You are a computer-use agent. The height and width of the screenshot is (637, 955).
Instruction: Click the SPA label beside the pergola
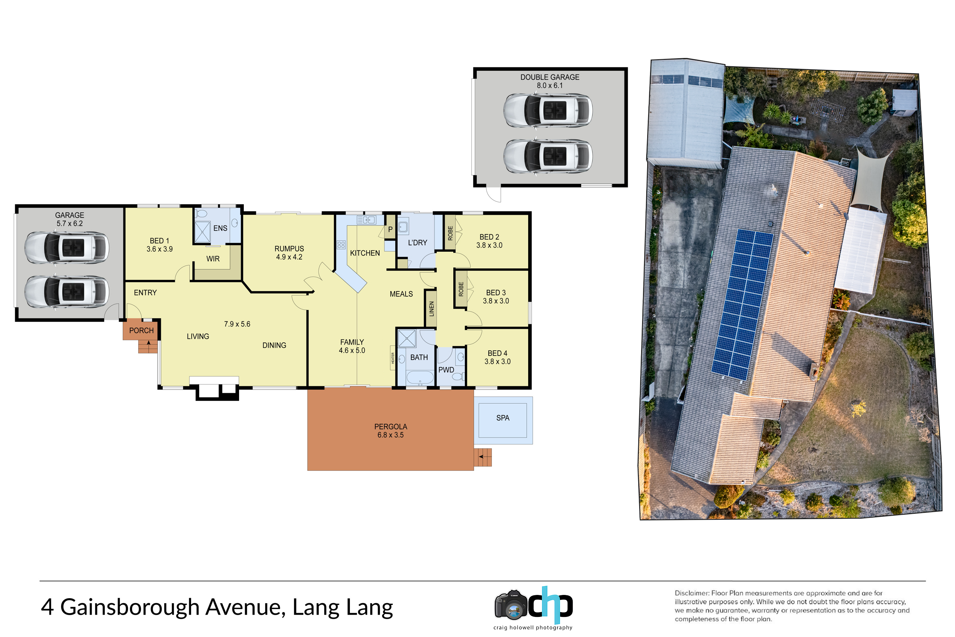(x=502, y=418)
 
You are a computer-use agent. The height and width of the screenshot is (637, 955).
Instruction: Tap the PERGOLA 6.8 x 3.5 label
(x=390, y=431)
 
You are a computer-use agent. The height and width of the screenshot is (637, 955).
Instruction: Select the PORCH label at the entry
(x=141, y=330)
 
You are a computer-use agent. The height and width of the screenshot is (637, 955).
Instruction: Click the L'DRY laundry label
(x=417, y=242)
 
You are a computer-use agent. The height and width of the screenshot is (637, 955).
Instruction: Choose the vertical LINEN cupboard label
(x=431, y=309)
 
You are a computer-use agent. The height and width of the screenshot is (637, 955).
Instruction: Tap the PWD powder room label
(x=446, y=370)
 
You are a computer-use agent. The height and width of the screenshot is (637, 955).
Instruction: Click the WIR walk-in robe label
(x=213, y=259)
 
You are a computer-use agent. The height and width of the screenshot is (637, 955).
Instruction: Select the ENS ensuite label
(x=220, y=228)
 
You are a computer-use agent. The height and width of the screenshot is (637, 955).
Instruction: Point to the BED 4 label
(x=497, y=353)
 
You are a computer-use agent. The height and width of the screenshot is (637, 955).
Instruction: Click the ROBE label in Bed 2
(x=450, y=233)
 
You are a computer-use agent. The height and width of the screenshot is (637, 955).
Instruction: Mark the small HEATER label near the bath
(x=393, y=358)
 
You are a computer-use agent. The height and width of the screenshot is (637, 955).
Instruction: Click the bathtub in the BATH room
(x=420, y=378)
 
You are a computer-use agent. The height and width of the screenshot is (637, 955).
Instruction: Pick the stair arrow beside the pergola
(x=482, y=457)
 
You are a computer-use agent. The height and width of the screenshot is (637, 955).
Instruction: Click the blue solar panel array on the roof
(x=742, y=305)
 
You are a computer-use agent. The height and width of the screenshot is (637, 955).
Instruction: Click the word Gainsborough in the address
(x=130, y=607)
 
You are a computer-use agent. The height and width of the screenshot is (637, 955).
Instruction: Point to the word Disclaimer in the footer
(x=691, y=593)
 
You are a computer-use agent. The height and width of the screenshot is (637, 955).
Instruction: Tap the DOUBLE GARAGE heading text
(x=550, y=77)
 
